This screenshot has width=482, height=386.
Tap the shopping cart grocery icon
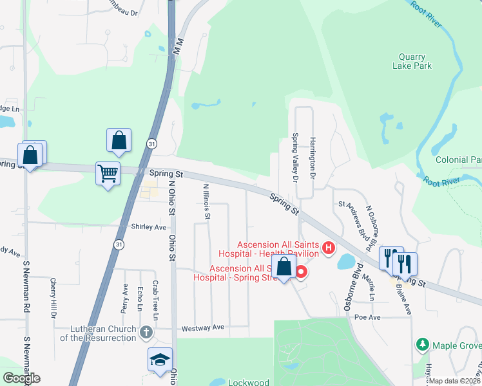[x=108, y=173]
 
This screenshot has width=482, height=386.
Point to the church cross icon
[x=146, y=333]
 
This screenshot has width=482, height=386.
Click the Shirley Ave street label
[x=149, y=226]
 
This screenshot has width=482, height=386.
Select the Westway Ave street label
[x=204, y=327]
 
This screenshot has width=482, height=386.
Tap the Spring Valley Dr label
[x=295, y=158]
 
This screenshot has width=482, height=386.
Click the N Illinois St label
[x=207, y=202]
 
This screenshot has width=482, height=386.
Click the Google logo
[x=21, y=378]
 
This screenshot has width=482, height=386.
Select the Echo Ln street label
[x=140, y=300]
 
